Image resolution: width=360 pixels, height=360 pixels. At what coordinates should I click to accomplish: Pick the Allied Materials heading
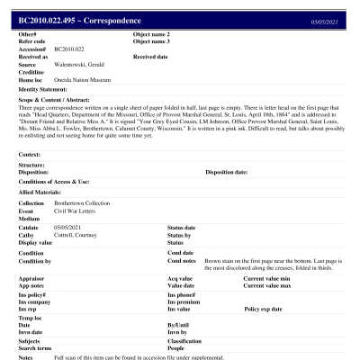point(40,193)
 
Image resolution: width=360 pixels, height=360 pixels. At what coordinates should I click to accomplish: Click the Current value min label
point(268,279)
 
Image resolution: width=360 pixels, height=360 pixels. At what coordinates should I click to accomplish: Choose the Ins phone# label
point(182,294)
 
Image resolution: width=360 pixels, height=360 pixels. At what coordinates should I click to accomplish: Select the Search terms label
point(36,347)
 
